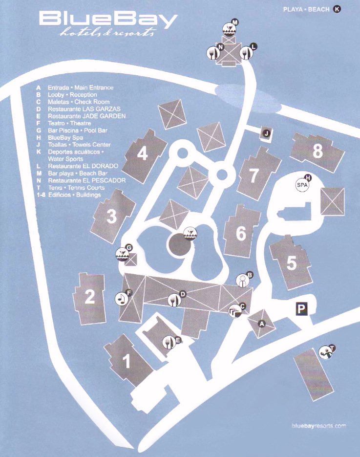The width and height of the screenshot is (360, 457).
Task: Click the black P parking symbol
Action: pyautogui.click(x=301, y=308)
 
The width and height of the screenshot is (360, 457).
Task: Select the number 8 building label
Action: pyautogui.click(x=318, y=151)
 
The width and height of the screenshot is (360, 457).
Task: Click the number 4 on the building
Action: pyautogui.click(x=143, y=153)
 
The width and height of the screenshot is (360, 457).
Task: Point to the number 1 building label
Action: pyautogui.click(x=126, y=361)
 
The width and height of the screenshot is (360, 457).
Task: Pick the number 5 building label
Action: pyautogui.click(x=292, y=262)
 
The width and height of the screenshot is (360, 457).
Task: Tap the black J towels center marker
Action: pyautogui.click(x=267, y=133)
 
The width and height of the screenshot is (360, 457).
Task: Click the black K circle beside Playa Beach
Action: pyautogui.click(x=337, y=9)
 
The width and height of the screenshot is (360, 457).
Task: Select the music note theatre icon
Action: pyautogui.click(x=122, y=299)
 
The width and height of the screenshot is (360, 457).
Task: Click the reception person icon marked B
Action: pyautogui.click(x=242, y=281)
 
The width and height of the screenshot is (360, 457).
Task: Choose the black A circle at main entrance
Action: pyautogui.click(x=262, y=324)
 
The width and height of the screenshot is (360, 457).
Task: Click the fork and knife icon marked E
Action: pyautogui.click(x=169, y=343)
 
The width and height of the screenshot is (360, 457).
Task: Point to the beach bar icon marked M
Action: pyautogui.click(x=229, y=29)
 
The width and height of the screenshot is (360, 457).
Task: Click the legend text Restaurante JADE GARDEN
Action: pyautogui.click(x=87, y=116)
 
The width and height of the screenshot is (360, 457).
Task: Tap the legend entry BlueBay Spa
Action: pyautogui.click(x=65, y=137)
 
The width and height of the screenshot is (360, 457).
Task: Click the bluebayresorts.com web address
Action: pyautogui.click(x=318, y=426)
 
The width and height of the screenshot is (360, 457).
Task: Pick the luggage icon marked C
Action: pyautogui.click(x=235, y=311)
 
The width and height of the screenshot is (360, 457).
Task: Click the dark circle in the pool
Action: pyautogui.click(x=179, y=245)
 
